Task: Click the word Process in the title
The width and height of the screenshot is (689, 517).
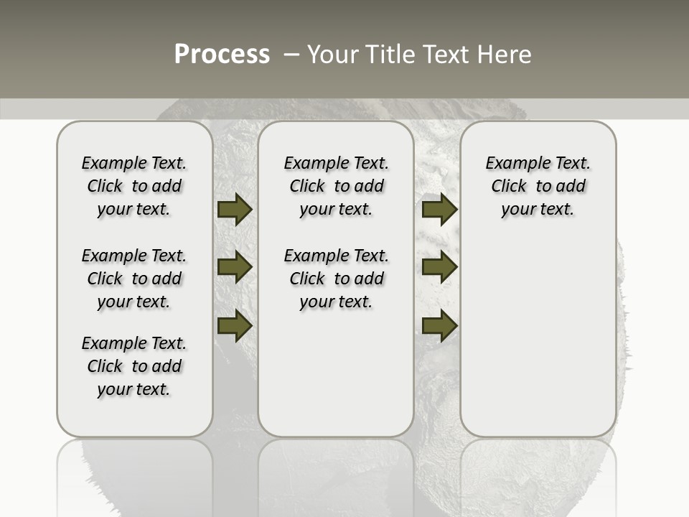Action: click(222, 54)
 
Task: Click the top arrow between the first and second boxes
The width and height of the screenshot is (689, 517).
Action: click(235, 209)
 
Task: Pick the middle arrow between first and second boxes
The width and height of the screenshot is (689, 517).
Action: click(235, 267)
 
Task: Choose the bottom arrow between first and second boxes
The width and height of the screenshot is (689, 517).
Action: click(235, 326)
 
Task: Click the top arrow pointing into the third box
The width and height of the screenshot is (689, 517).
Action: click(439, 209)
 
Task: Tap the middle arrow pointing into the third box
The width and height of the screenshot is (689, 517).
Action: click(439, 267)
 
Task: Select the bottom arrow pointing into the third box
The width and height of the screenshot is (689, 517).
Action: click(439, 326)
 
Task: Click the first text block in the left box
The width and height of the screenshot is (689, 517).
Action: click(134, 186)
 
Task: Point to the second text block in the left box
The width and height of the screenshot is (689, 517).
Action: click(134, 279)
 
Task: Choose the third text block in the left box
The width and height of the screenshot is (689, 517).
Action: click(134, 366)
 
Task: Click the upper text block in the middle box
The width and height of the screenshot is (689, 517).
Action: click(336, 186)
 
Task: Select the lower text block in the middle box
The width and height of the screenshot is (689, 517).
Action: click(336, 279)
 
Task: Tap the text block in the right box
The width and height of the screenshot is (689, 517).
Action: click(538, 186)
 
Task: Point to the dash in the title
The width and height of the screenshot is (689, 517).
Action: click(291, 54)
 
